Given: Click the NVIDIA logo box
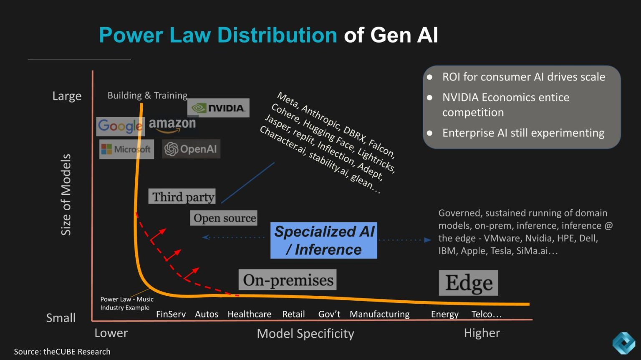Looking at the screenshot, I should pyautogui.click(x=218, y=108).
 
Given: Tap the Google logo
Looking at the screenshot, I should pyautogui.click(x=120, y=126).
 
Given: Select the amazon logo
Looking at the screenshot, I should pyautogui.click(x=172, y=124).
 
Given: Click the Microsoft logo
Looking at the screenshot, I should pyautogui.click(x=126, y=149).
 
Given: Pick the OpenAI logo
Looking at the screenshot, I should pyautogui.click(x=191, y=149).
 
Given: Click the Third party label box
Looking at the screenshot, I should pyautogui.click(x=182, y=196).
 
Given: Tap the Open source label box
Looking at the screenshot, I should pyautogui.click(x=224, y=218).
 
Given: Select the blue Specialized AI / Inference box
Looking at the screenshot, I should pyautogui.click(x=324, y=240).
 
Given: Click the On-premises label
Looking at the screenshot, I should pyautogui.click(x=288, y=280).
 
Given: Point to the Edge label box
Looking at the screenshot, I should pyautogui.click(x=468, y=283).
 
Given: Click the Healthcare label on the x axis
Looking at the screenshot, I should pyautogui.click(x=249, y=314).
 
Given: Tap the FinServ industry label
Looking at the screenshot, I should pyautogui.click(x=171, y=314).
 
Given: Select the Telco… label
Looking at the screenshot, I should pyautogui.click(x=486, y=314).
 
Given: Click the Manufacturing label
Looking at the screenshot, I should pyautogui.click(x=379, y=314).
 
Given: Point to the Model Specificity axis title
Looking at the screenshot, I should pyautogui.click(x=305, y=333).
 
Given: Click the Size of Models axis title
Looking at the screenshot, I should pyautogui.click(x=66, y=195).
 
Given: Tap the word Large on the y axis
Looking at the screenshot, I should pyautogui.click(x=67, y=96).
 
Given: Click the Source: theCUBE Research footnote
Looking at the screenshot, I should pyautogui.click(x=62, y=352).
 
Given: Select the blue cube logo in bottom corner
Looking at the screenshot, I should pyautogui.click(x=623, y=343).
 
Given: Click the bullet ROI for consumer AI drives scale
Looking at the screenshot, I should pyautogui.click(x=523, y=77).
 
